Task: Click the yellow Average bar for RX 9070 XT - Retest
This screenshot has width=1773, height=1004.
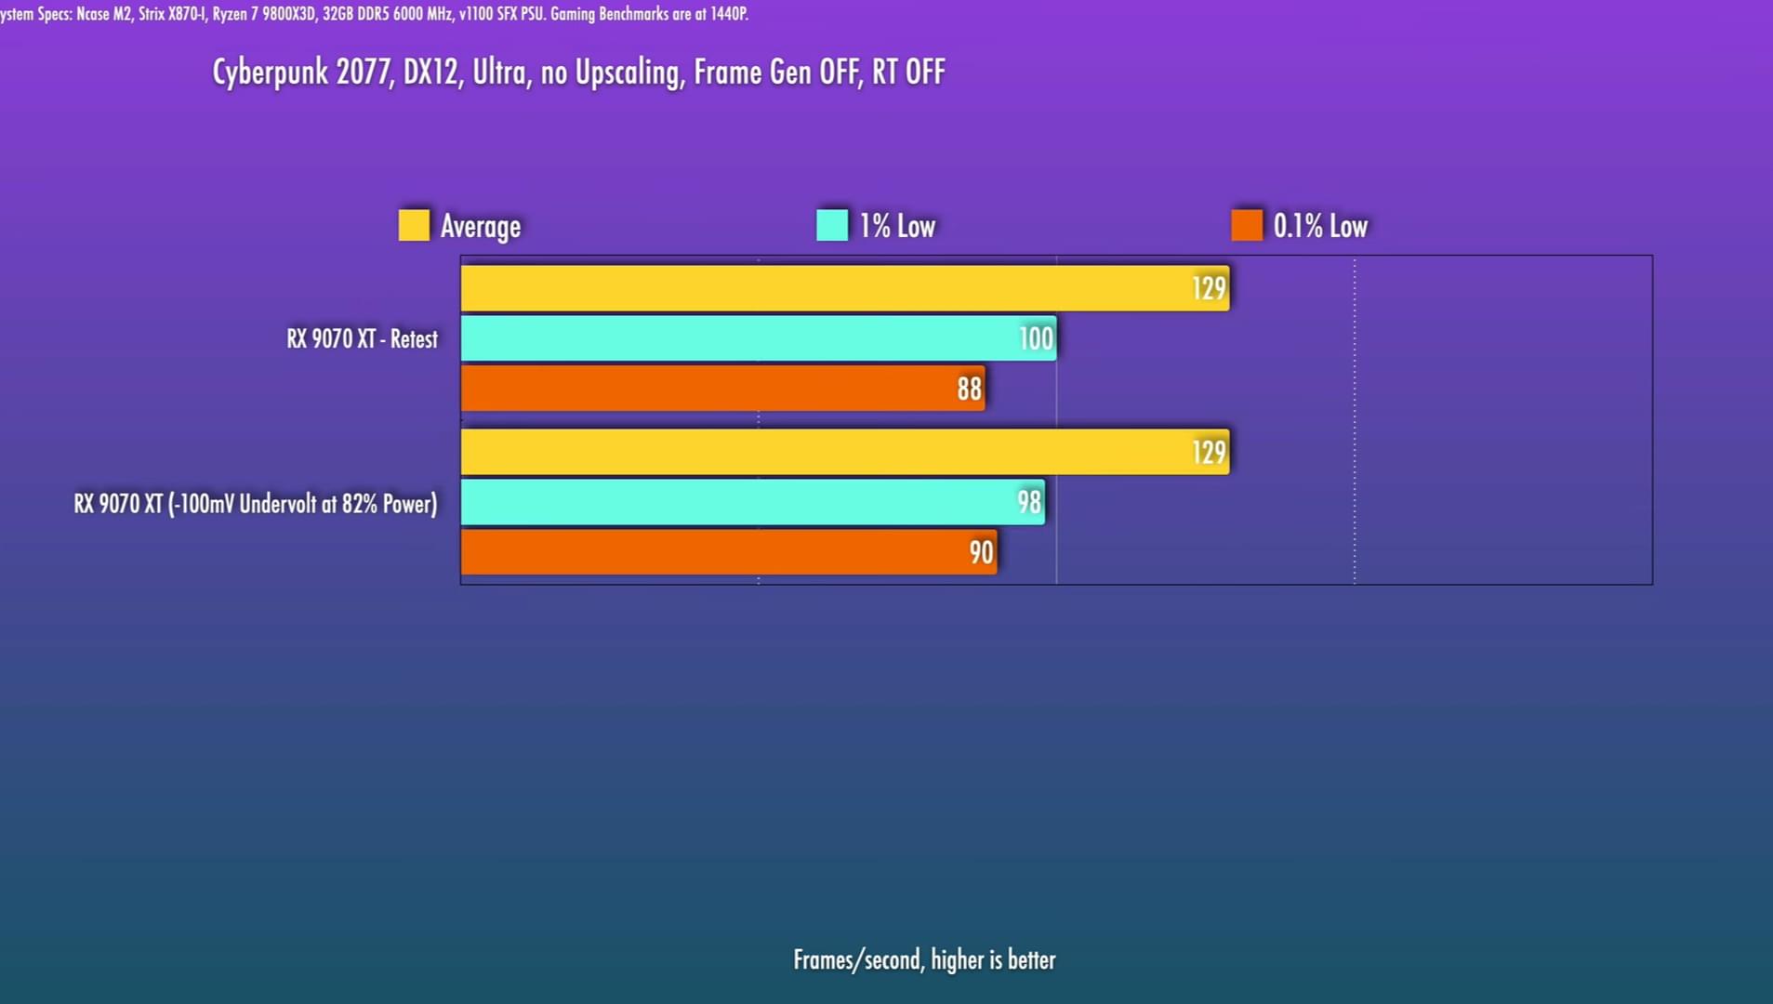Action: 844,288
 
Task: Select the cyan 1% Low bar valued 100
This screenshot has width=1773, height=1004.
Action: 758,338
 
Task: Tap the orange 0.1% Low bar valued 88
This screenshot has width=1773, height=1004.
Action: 722,389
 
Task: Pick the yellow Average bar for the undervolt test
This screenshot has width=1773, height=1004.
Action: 844,452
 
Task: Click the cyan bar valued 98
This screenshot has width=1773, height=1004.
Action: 752,502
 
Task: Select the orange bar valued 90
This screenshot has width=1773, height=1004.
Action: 728,552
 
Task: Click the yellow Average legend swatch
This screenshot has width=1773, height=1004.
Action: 414,225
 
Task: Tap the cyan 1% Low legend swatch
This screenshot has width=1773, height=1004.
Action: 832,225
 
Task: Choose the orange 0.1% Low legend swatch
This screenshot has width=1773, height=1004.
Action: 1247,225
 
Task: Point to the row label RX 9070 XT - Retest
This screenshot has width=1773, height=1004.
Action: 362,338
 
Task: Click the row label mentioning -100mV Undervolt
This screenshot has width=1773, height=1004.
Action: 255,504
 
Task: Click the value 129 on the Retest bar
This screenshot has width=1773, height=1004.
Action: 1209,288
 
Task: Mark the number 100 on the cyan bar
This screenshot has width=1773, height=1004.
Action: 1036,338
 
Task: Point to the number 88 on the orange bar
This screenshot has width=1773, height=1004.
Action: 969,389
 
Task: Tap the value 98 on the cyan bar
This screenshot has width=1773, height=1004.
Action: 1028,502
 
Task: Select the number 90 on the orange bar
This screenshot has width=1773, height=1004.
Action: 981,552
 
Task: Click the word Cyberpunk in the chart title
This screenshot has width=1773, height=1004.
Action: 270,73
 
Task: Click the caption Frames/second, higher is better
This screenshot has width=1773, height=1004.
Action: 924,959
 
